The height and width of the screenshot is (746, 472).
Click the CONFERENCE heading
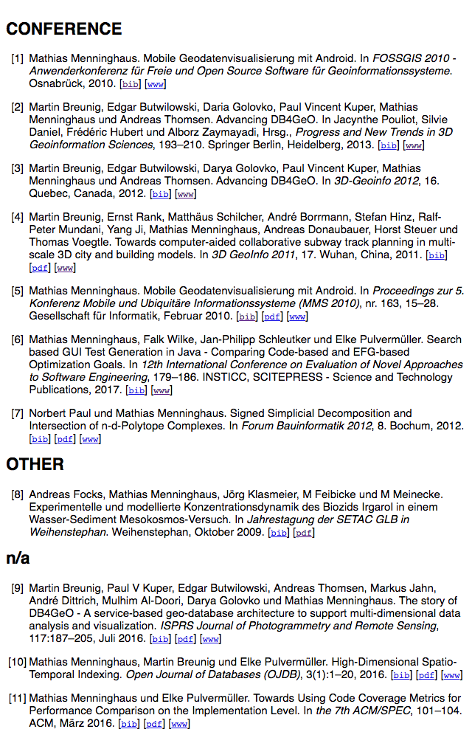click(64, 29)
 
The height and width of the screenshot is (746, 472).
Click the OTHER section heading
click(35, 464)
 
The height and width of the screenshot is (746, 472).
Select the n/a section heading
click(18, 558)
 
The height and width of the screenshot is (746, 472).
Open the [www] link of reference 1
click(155, 84)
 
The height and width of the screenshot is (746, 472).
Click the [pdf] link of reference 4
click(39, 268)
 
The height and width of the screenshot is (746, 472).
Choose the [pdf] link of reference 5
click(272, 317)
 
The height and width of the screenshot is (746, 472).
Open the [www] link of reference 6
click(162, 390)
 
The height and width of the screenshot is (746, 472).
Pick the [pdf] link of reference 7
click(65, 439)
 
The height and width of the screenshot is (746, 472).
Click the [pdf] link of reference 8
click(303, 533)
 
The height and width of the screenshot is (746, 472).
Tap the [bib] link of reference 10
click(402, 675)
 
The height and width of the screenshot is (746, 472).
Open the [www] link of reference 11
click(179, 724)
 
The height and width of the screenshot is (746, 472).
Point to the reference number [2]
click(17, 108)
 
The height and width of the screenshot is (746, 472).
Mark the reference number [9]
click(17, 589)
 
